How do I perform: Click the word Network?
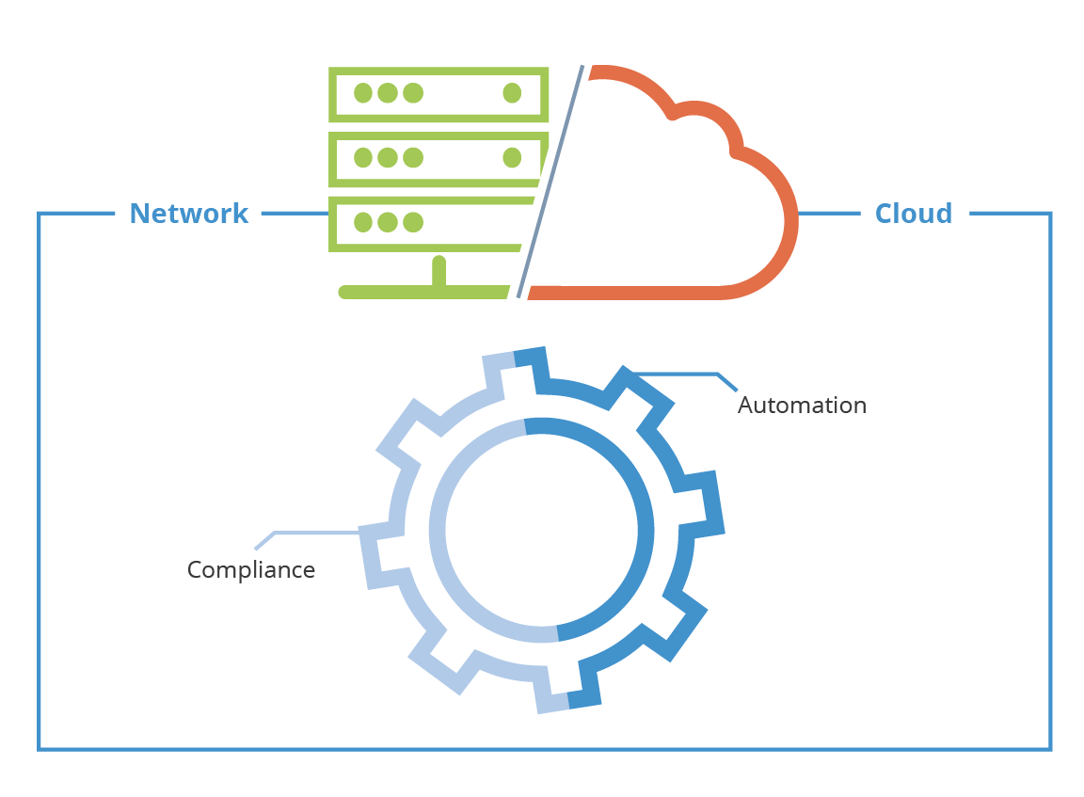[x=189, y=214]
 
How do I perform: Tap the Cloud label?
[x=913, y=214]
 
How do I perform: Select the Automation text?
[x=802, y=406]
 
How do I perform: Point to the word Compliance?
[x=250, y=569]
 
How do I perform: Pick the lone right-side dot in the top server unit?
[x=512, y=92]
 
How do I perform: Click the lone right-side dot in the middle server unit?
[x=512, y=157]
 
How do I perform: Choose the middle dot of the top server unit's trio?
[x=388, y=92]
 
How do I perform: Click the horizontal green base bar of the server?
[x=423, y=293]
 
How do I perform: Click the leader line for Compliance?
[x=311, y=534]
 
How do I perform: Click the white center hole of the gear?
[x=541, y=529]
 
